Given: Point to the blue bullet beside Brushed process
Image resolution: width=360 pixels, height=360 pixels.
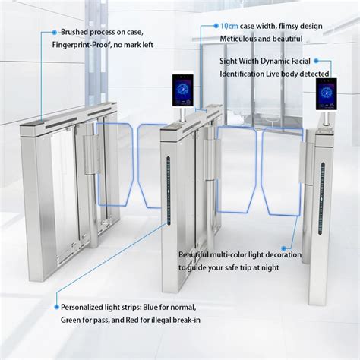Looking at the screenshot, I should click(x=54, y=33).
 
